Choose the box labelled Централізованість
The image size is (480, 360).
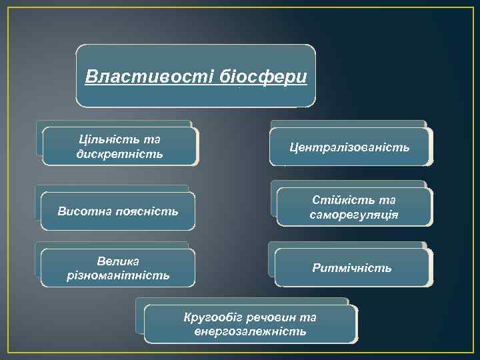click(x=349, y=146)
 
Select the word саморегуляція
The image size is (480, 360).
click(x=354, y=215)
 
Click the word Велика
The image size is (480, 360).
click(x=118, y=260)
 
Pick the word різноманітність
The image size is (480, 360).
click(x=118, y=275)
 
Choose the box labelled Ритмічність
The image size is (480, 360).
click(x=352, y=268)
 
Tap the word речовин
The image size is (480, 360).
click(x=269, y=317)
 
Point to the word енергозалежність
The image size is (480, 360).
click(x=250, y=331)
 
